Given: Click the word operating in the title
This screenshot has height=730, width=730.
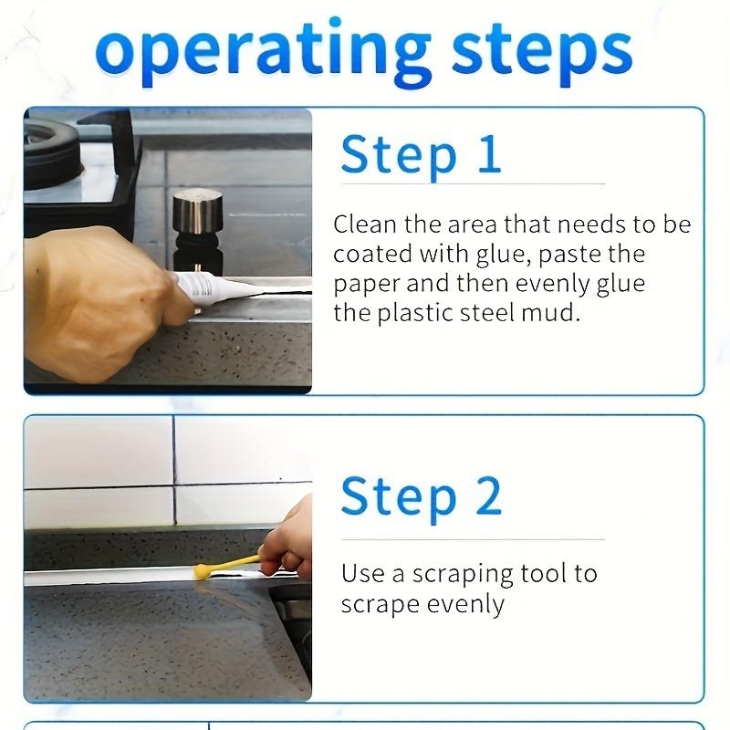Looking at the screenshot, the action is (263, 52).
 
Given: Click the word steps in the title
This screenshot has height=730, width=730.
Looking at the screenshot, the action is (542, 52).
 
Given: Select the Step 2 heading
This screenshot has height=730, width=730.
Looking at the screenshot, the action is (422, 497).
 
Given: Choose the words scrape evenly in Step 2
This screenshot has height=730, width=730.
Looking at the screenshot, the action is (422, 605).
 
